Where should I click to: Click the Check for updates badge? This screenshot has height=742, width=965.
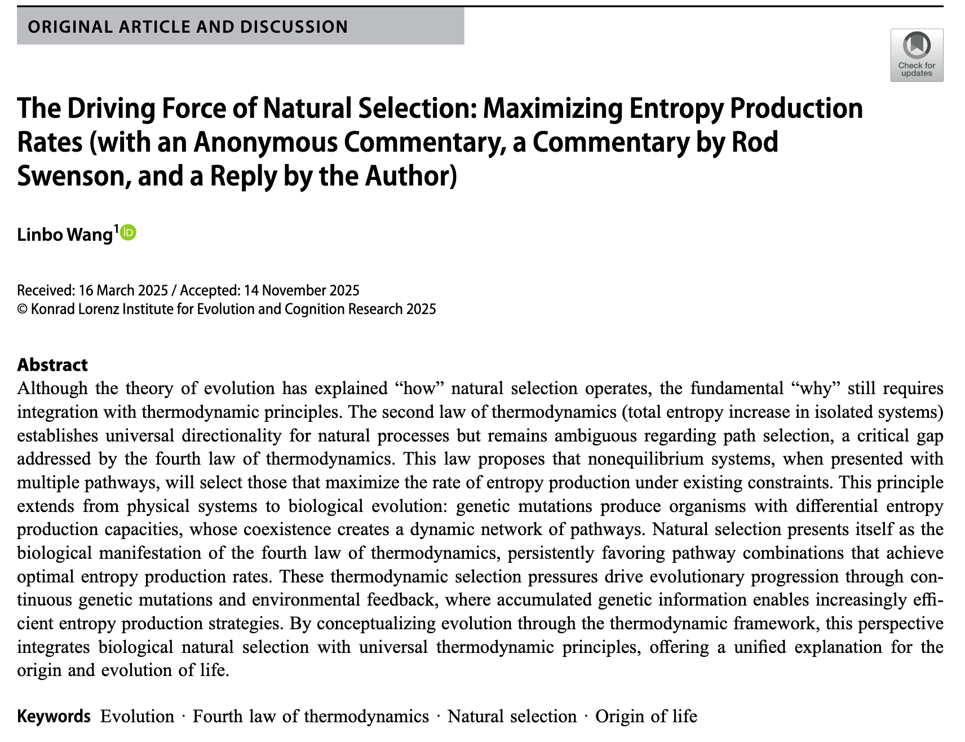[x=916, y=55]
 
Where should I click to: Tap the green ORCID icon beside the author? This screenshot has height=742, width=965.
[x=129, y=232]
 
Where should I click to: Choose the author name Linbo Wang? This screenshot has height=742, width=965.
[x=65, y=234]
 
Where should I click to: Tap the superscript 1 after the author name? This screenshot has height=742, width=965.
[x=117, y=228]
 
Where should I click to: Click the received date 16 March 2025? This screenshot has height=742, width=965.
[x=123, y=290]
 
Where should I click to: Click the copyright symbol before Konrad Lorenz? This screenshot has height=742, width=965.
[x=23, y=309]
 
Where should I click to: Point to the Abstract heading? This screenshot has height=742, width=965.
[x=52, y=365]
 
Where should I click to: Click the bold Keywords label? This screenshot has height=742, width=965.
[x=54, y=716]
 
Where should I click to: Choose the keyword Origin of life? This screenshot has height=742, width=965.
[x=646, y=716]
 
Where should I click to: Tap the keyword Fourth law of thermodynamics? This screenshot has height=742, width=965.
[x=311, y=716]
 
